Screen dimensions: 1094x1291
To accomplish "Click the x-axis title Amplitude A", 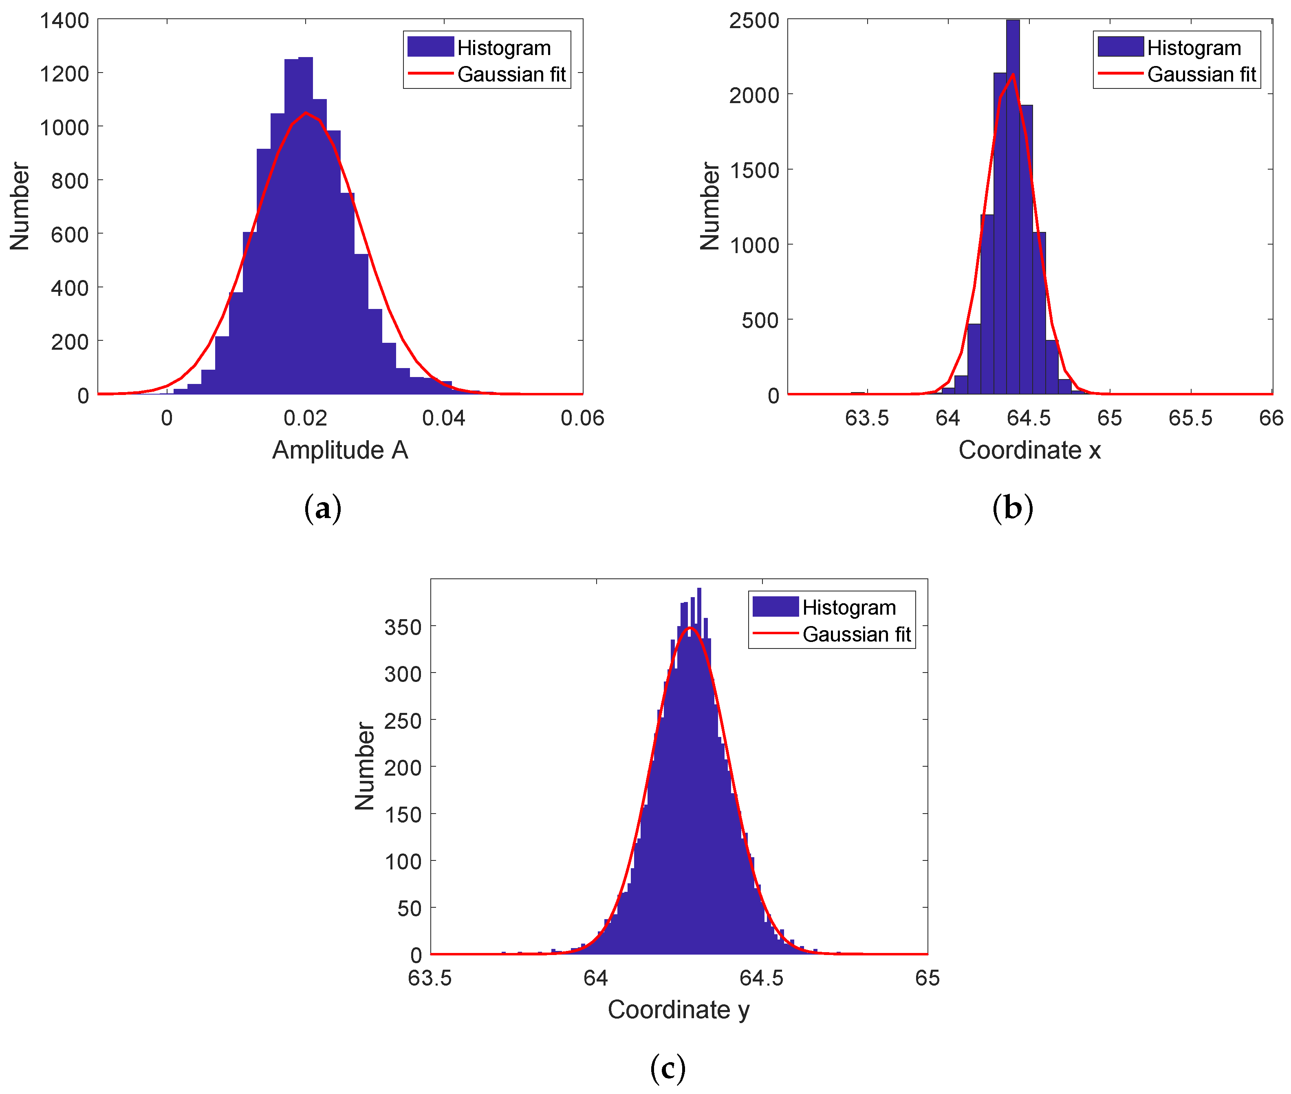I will pos(340,450).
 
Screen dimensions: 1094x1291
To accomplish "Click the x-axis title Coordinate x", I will pos(1029,450).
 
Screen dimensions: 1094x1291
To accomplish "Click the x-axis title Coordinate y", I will pos(679,1010).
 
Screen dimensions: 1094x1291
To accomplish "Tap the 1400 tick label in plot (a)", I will pos(64,20).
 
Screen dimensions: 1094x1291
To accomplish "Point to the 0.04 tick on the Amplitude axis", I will pos(443,418).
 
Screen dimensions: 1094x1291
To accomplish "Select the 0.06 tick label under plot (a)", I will pos(582,418).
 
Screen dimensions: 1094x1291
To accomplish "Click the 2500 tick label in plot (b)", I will pos(754,20).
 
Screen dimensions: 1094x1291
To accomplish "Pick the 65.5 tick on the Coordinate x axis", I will pos(1190,418).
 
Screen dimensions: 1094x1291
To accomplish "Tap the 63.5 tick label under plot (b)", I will pos(867,418).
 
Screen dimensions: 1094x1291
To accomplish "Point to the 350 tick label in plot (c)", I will pos(403,627).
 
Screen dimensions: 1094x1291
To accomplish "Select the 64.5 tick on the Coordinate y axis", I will pos(762,978).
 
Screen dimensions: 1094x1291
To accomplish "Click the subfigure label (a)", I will pos(322,509).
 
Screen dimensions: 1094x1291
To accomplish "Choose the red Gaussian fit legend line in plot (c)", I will pos(775,633).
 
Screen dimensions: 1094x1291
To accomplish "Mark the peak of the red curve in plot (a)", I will pos(306,113).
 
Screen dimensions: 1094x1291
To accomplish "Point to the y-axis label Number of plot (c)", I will pos(365,765).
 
